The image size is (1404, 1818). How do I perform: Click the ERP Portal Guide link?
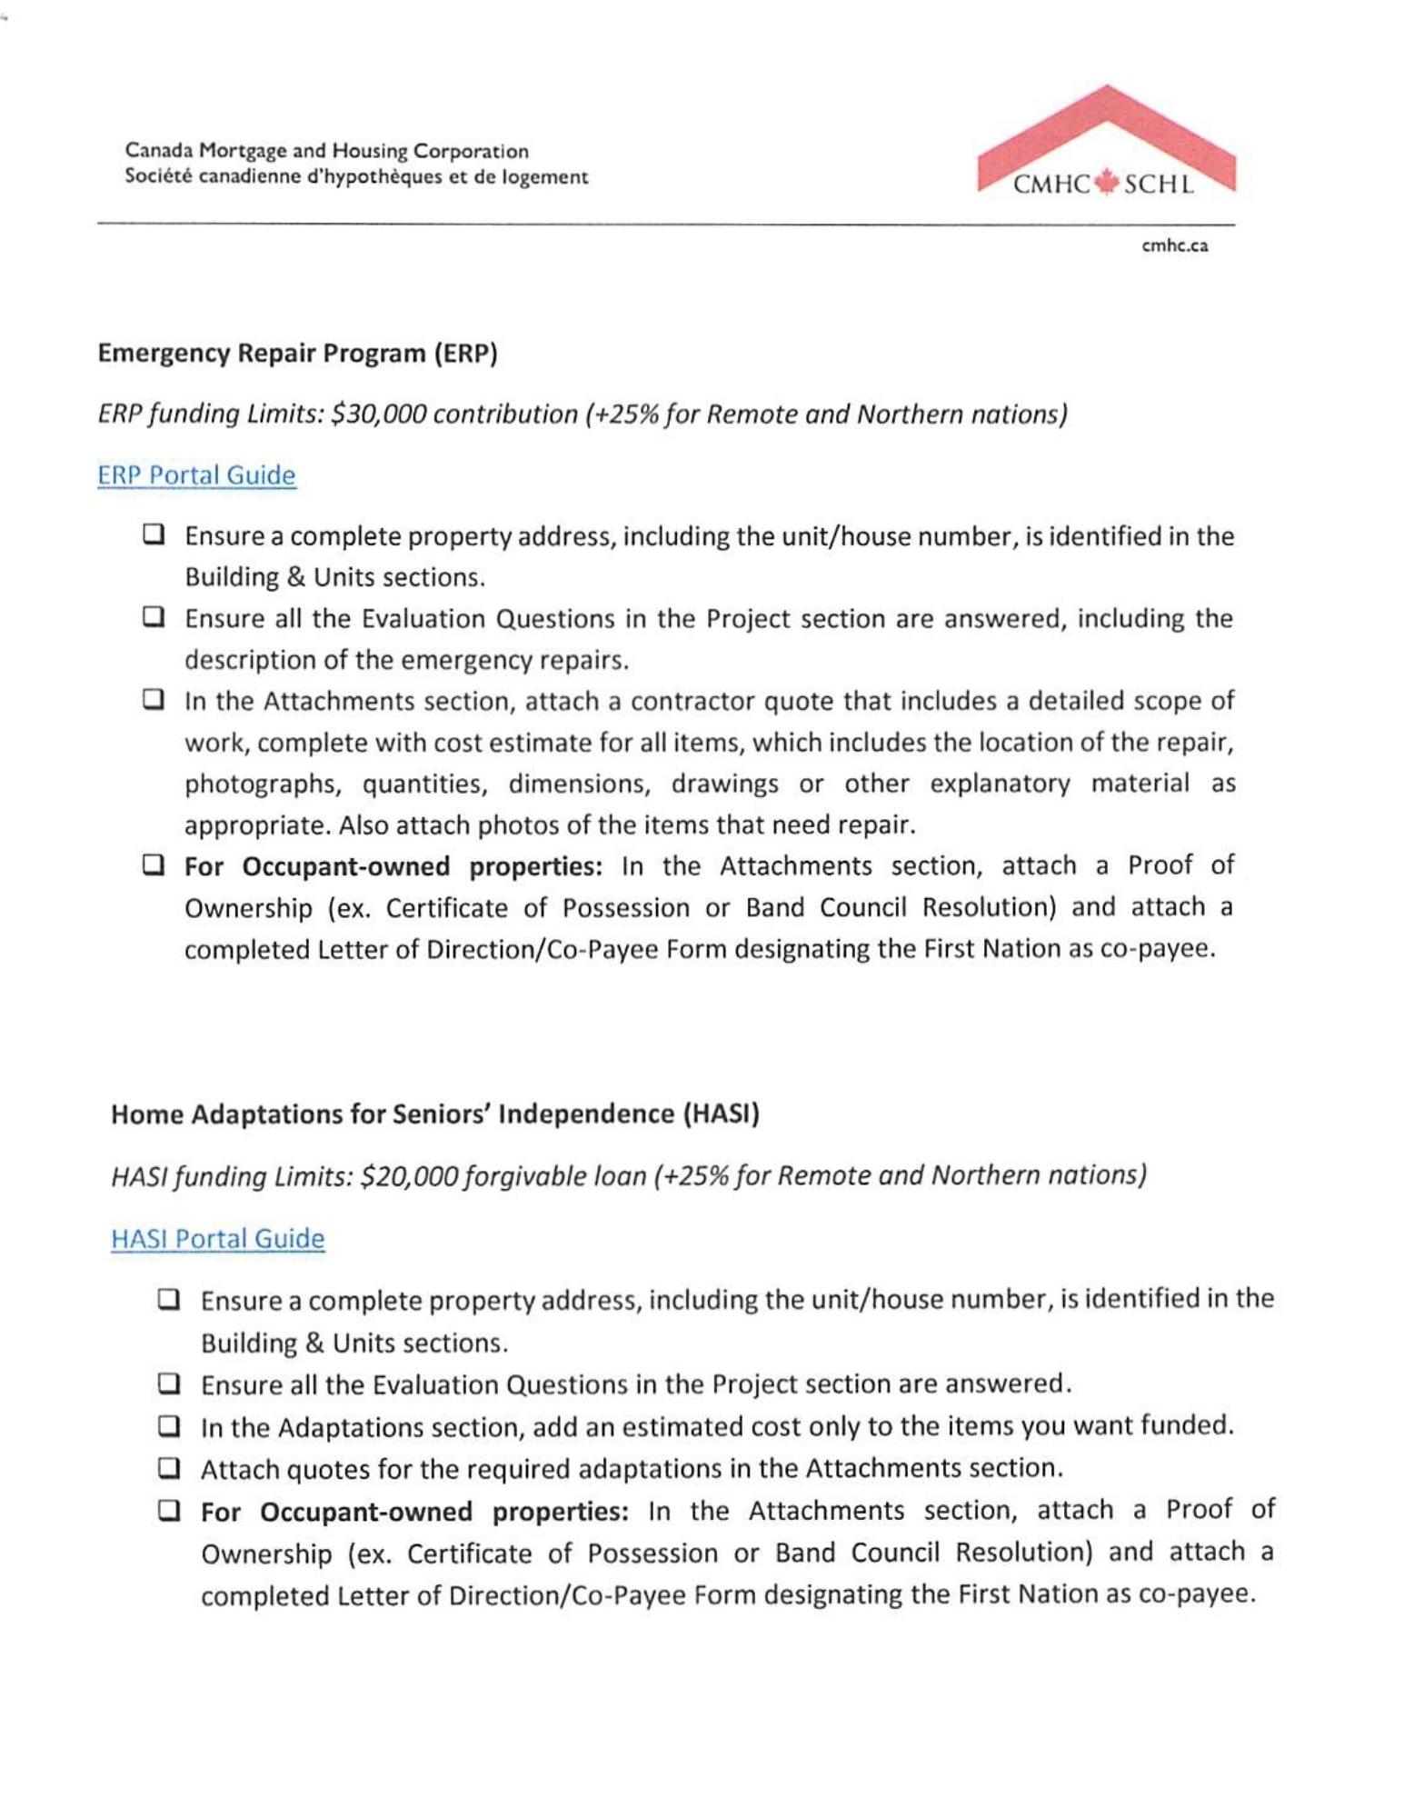pos(196,475)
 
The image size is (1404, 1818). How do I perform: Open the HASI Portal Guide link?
pos(217,1239)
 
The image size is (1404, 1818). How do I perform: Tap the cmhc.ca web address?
pos(1175,245)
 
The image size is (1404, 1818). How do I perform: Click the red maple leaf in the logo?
pos(1106,184)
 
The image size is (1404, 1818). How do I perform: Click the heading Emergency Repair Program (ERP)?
pos(297,353)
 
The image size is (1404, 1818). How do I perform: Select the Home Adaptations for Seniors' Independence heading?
pos(434,1114)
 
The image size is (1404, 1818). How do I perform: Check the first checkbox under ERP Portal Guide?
pos(154,534)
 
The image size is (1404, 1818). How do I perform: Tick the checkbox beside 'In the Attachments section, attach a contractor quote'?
pos(154,700)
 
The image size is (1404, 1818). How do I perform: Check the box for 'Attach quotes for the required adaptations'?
pos(169,1467)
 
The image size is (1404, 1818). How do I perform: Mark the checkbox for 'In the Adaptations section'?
pos(169,1425)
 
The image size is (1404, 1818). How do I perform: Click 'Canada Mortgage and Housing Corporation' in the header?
pos(326,151)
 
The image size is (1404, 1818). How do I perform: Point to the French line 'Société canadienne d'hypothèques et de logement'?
pos(356,177)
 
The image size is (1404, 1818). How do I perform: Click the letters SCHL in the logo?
pos(1159,185)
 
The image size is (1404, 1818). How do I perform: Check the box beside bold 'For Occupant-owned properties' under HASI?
pos(169,1511)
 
